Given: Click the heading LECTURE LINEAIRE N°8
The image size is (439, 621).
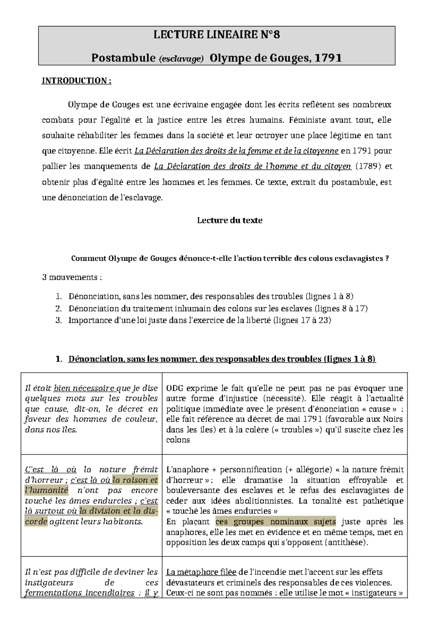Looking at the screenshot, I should pyautogui.click(x=217, y=35).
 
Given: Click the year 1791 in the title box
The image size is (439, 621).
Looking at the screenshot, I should pyautogui.click(x=328, y=58).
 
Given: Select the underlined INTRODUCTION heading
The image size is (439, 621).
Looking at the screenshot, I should pyautogui.click(x=76, y=81).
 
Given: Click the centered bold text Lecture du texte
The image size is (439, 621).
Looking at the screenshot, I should pyautogui.click(x=229, y=220).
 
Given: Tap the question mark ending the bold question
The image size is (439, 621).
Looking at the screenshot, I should pyautogui.click(x=387, y=259).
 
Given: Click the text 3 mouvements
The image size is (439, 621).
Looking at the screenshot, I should pyautogui.click(x=72, y=277).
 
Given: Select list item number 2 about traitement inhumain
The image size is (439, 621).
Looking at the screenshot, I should pyautogui.click(x=218, y=308).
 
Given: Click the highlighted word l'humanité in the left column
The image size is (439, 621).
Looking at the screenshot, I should pyautogui.click(x=46, y=490).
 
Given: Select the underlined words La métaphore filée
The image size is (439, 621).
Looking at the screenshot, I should pyautogui.click(x=201, y=572).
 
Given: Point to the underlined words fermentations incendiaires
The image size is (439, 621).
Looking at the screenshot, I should pyautogui.click(x=79, y=593).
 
